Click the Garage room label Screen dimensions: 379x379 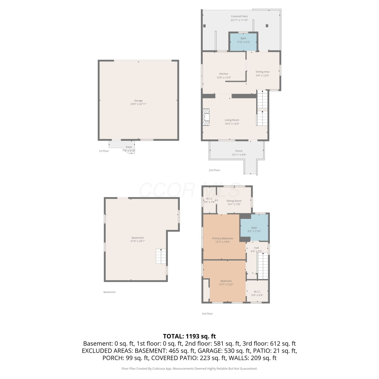pos(138,101)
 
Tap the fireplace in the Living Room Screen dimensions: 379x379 pos(206,117)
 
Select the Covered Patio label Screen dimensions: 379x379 pos(239,16)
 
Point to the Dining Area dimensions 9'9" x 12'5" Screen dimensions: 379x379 pos(263,76)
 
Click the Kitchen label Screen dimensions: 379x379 pos(224,74)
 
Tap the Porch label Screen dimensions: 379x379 pos(239,151)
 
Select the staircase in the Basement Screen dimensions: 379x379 pos(161,256)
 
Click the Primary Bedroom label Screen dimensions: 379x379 pos(223,238)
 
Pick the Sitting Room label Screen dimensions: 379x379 pos(234,201)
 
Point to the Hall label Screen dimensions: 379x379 pos(256,248)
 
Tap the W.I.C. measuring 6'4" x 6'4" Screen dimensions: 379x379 pos(257,292)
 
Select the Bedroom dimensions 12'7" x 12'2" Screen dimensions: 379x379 pos(226,285)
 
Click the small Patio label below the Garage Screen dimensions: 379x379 pos(129,147)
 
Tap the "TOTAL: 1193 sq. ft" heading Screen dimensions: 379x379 pos(189,336)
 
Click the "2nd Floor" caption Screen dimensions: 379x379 pos(214,170)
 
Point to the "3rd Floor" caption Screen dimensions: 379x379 pos(207,314)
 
